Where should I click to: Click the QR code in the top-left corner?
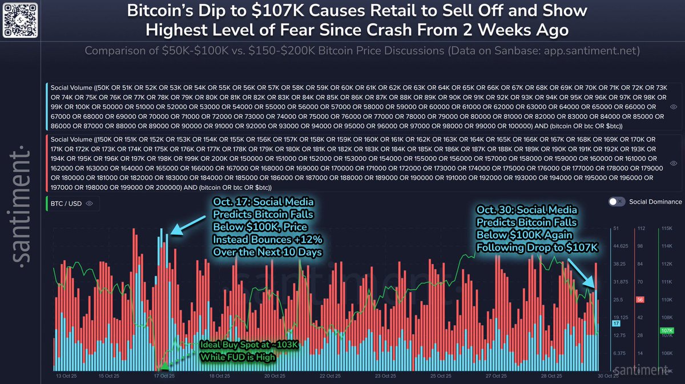(x=22, y=21)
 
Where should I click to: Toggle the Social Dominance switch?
(x=616, y=201)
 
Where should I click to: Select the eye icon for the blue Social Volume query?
(x=674, y=107)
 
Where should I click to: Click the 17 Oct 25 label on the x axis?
(x=164, y=375)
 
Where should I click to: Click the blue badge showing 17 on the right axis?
(x=615, y=323)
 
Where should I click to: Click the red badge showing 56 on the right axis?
(x=640, y=300)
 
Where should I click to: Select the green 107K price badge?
(x=666, y=330)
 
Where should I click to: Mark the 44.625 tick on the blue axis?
(x=620, y=246)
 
